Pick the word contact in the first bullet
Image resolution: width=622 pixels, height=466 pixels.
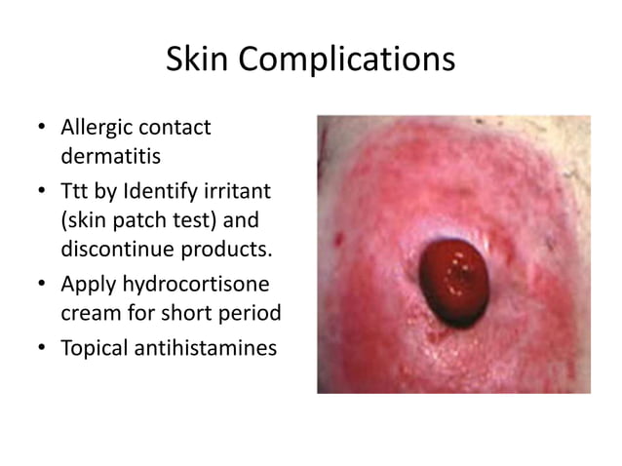178,127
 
